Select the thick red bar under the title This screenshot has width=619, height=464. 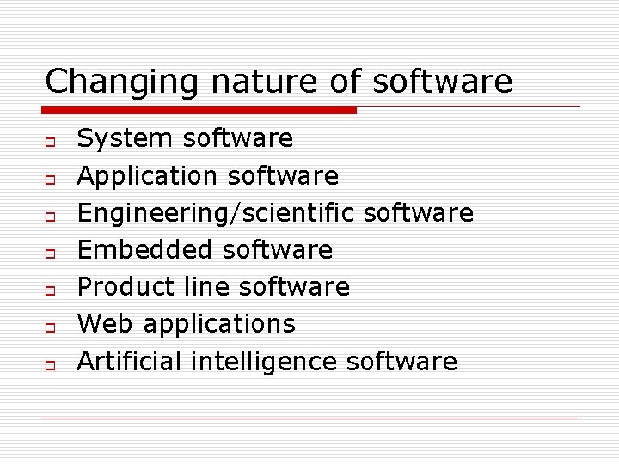click(x=199, y=110)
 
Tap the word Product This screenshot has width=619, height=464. click(x=126, y=287)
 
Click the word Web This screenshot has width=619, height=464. click(x=105, y=324)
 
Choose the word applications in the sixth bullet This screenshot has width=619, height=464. click(x=219, y=325)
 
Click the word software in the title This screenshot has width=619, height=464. click(x=443, y=82)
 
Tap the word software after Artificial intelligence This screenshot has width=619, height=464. click(x=401, y=362)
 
